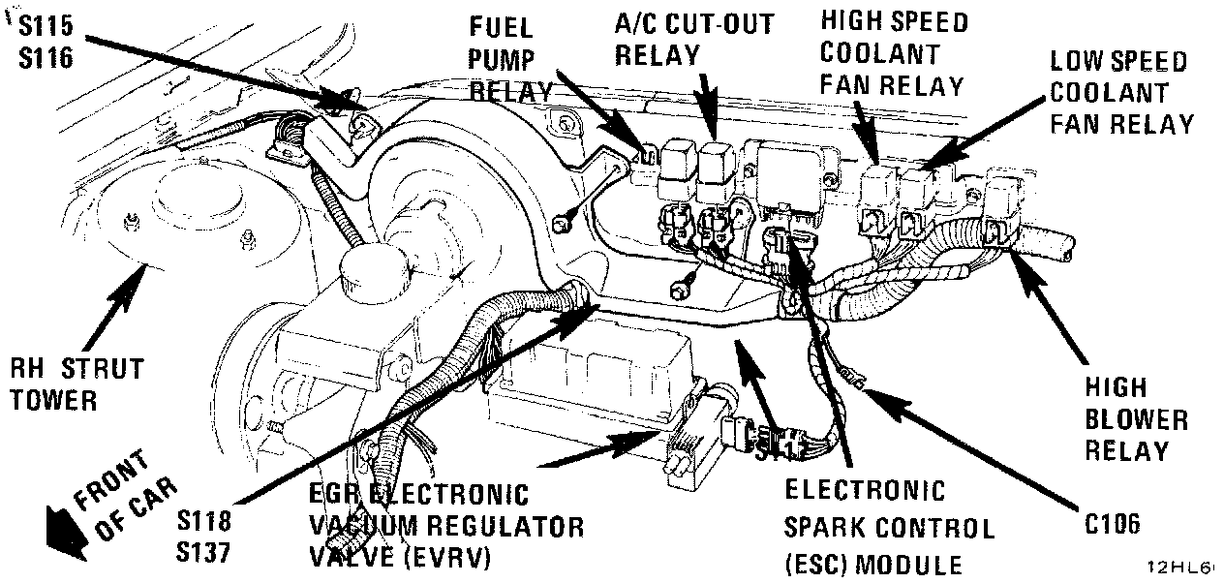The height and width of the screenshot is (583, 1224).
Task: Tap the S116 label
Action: tap(46, 57)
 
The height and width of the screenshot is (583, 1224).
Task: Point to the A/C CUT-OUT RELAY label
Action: tap(694, 39)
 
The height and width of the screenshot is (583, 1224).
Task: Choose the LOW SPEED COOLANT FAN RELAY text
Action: tap(1120, 93)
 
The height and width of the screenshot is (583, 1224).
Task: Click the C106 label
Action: tap(1113, 524)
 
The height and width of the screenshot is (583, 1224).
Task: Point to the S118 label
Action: tap(204, 521)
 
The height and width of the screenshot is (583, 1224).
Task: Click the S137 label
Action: tap(204, 553)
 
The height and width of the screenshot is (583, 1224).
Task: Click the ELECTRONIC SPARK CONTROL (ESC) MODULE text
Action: tap(888, 528)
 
